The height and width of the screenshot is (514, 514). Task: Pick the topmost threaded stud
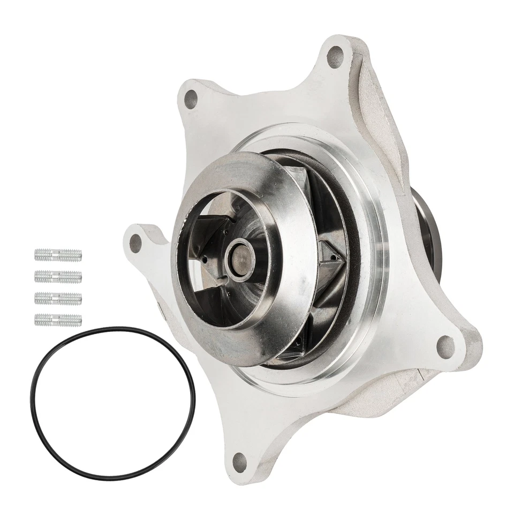pos(58,255)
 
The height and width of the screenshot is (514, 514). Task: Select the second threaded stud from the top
pos(58,277)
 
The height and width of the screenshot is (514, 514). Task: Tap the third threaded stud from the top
pos(58,298)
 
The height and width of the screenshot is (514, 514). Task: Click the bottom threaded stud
pos(58,320)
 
